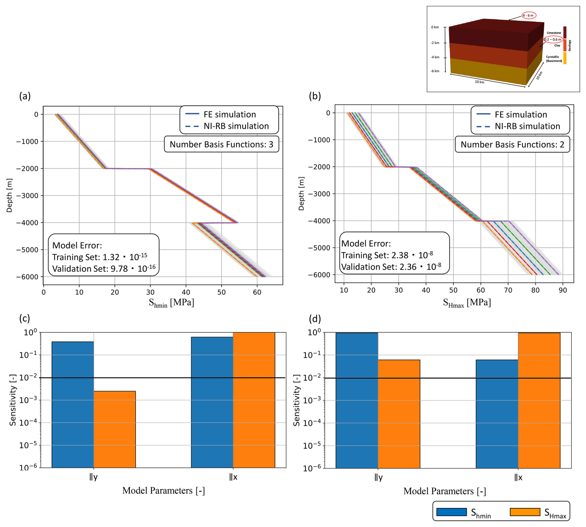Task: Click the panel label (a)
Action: [25, 96]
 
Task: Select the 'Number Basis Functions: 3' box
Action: [221, 144]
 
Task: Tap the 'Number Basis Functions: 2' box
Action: [512, 144]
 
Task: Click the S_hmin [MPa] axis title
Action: [171, 303]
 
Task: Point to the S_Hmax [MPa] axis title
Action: [467, 303]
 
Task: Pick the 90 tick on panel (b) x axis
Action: [563, 290]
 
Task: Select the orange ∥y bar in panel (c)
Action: [115, 429]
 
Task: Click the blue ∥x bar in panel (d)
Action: [497, 414]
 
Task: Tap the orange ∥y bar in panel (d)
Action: [399, 414]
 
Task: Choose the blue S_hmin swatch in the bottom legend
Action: [452, 512]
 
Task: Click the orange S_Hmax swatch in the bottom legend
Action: [525, 512]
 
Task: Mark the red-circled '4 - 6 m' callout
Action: [529, 15]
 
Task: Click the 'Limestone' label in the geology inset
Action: [554, 33]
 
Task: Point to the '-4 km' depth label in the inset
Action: [435, 57]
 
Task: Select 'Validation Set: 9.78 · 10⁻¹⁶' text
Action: [104, 268]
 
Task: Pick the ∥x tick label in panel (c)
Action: [233, 477]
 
